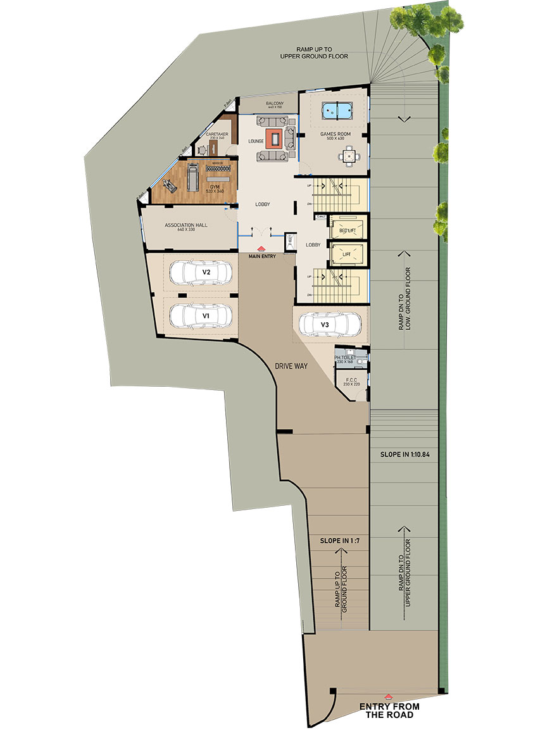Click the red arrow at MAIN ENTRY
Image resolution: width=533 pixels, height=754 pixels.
[x=261, y=249]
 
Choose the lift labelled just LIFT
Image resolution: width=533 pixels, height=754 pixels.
[x=346, y=254]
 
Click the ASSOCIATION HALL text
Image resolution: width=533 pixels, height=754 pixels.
[x=186, y=225]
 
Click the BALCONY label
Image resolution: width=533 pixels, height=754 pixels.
[x=274, y=103]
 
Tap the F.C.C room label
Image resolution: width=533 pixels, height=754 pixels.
[x=351, y=380]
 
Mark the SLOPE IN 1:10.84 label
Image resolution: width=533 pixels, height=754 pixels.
[x=404, y=455]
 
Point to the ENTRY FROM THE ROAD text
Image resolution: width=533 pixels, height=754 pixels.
[x=389, y=710]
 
